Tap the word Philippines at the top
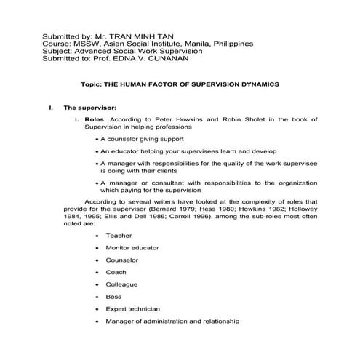[x=231, y=44]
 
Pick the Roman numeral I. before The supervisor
[x=51, y=108]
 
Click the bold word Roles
[x=95, y=119]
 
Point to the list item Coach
[x=116, y=272]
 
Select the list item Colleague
[x=121, y=284]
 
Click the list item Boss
[x=113, y=297]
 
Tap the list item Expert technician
[x=133, y=309]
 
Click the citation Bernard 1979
[x=175, y=209]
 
